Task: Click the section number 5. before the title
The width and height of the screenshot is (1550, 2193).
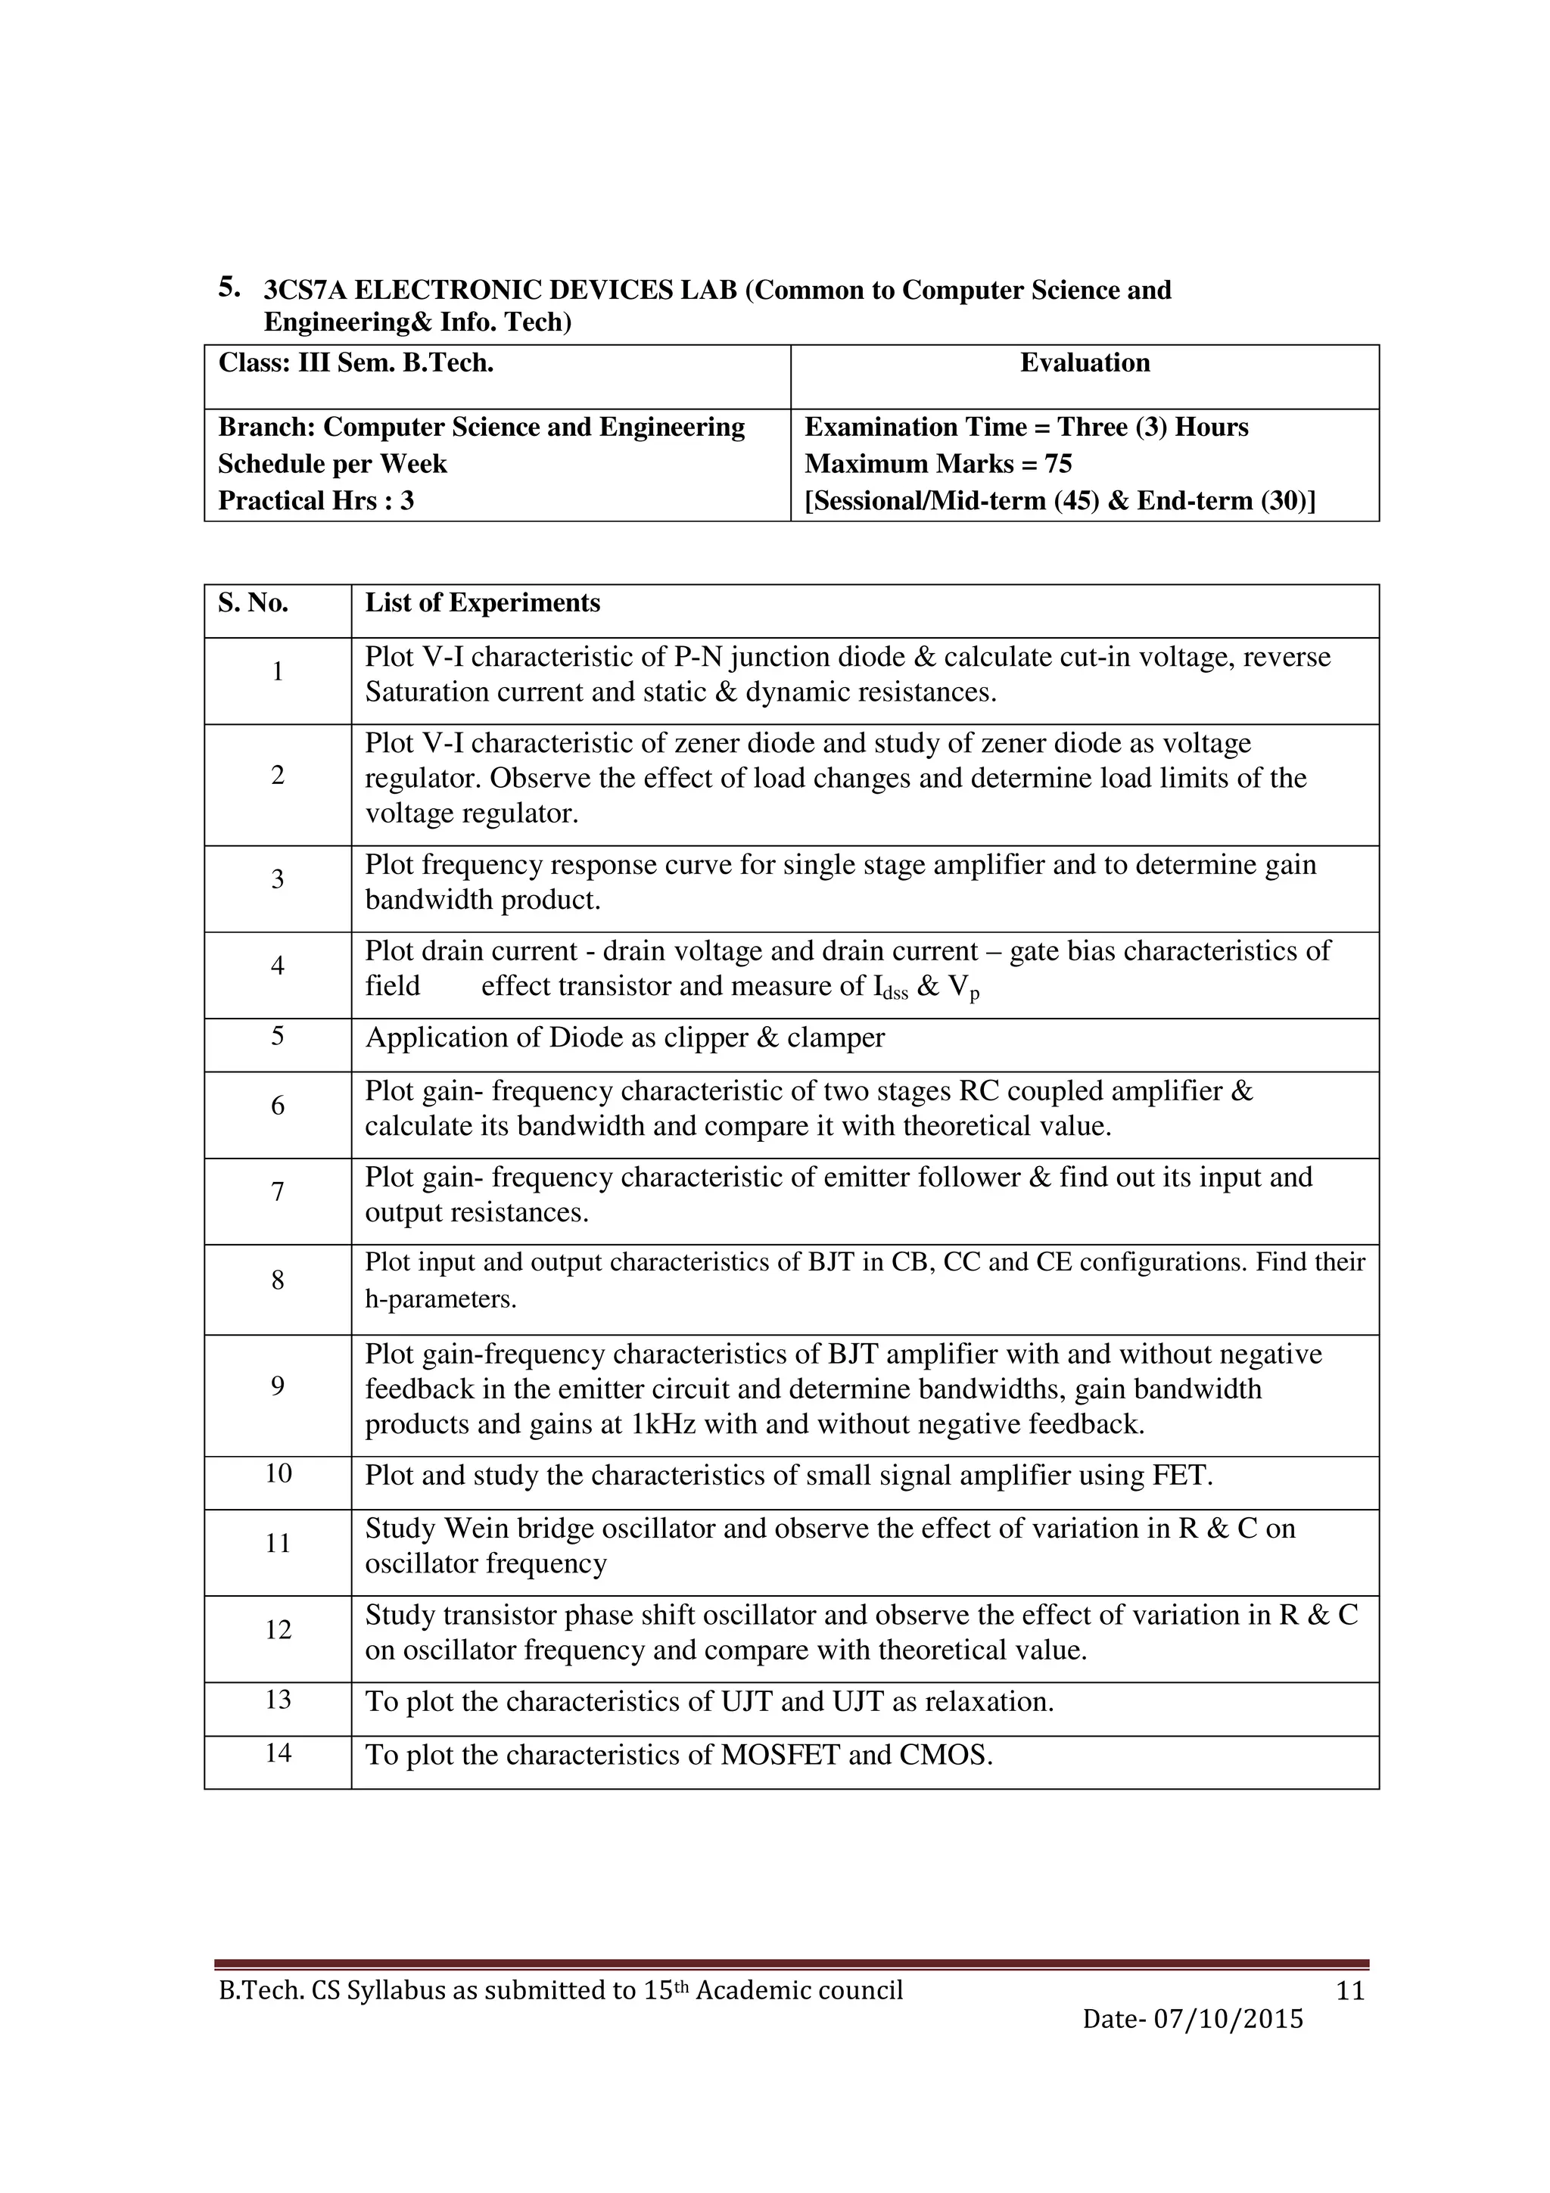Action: tap(229, 287)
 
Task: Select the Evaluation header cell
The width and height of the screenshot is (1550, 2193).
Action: tap(1084, 363)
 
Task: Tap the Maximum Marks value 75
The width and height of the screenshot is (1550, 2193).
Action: tap(1058, 464)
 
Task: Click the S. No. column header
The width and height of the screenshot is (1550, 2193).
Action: tap(253, 602)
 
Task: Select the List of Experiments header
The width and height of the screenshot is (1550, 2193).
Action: tap(482, 602)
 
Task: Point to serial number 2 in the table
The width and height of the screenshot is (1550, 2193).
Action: tap(278, 776)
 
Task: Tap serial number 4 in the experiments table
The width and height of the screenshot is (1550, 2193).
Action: tap(278, 966)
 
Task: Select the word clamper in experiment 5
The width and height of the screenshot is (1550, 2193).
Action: tap(836, 1037)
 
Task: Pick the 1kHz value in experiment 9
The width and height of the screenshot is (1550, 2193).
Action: tap(664, 1424)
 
